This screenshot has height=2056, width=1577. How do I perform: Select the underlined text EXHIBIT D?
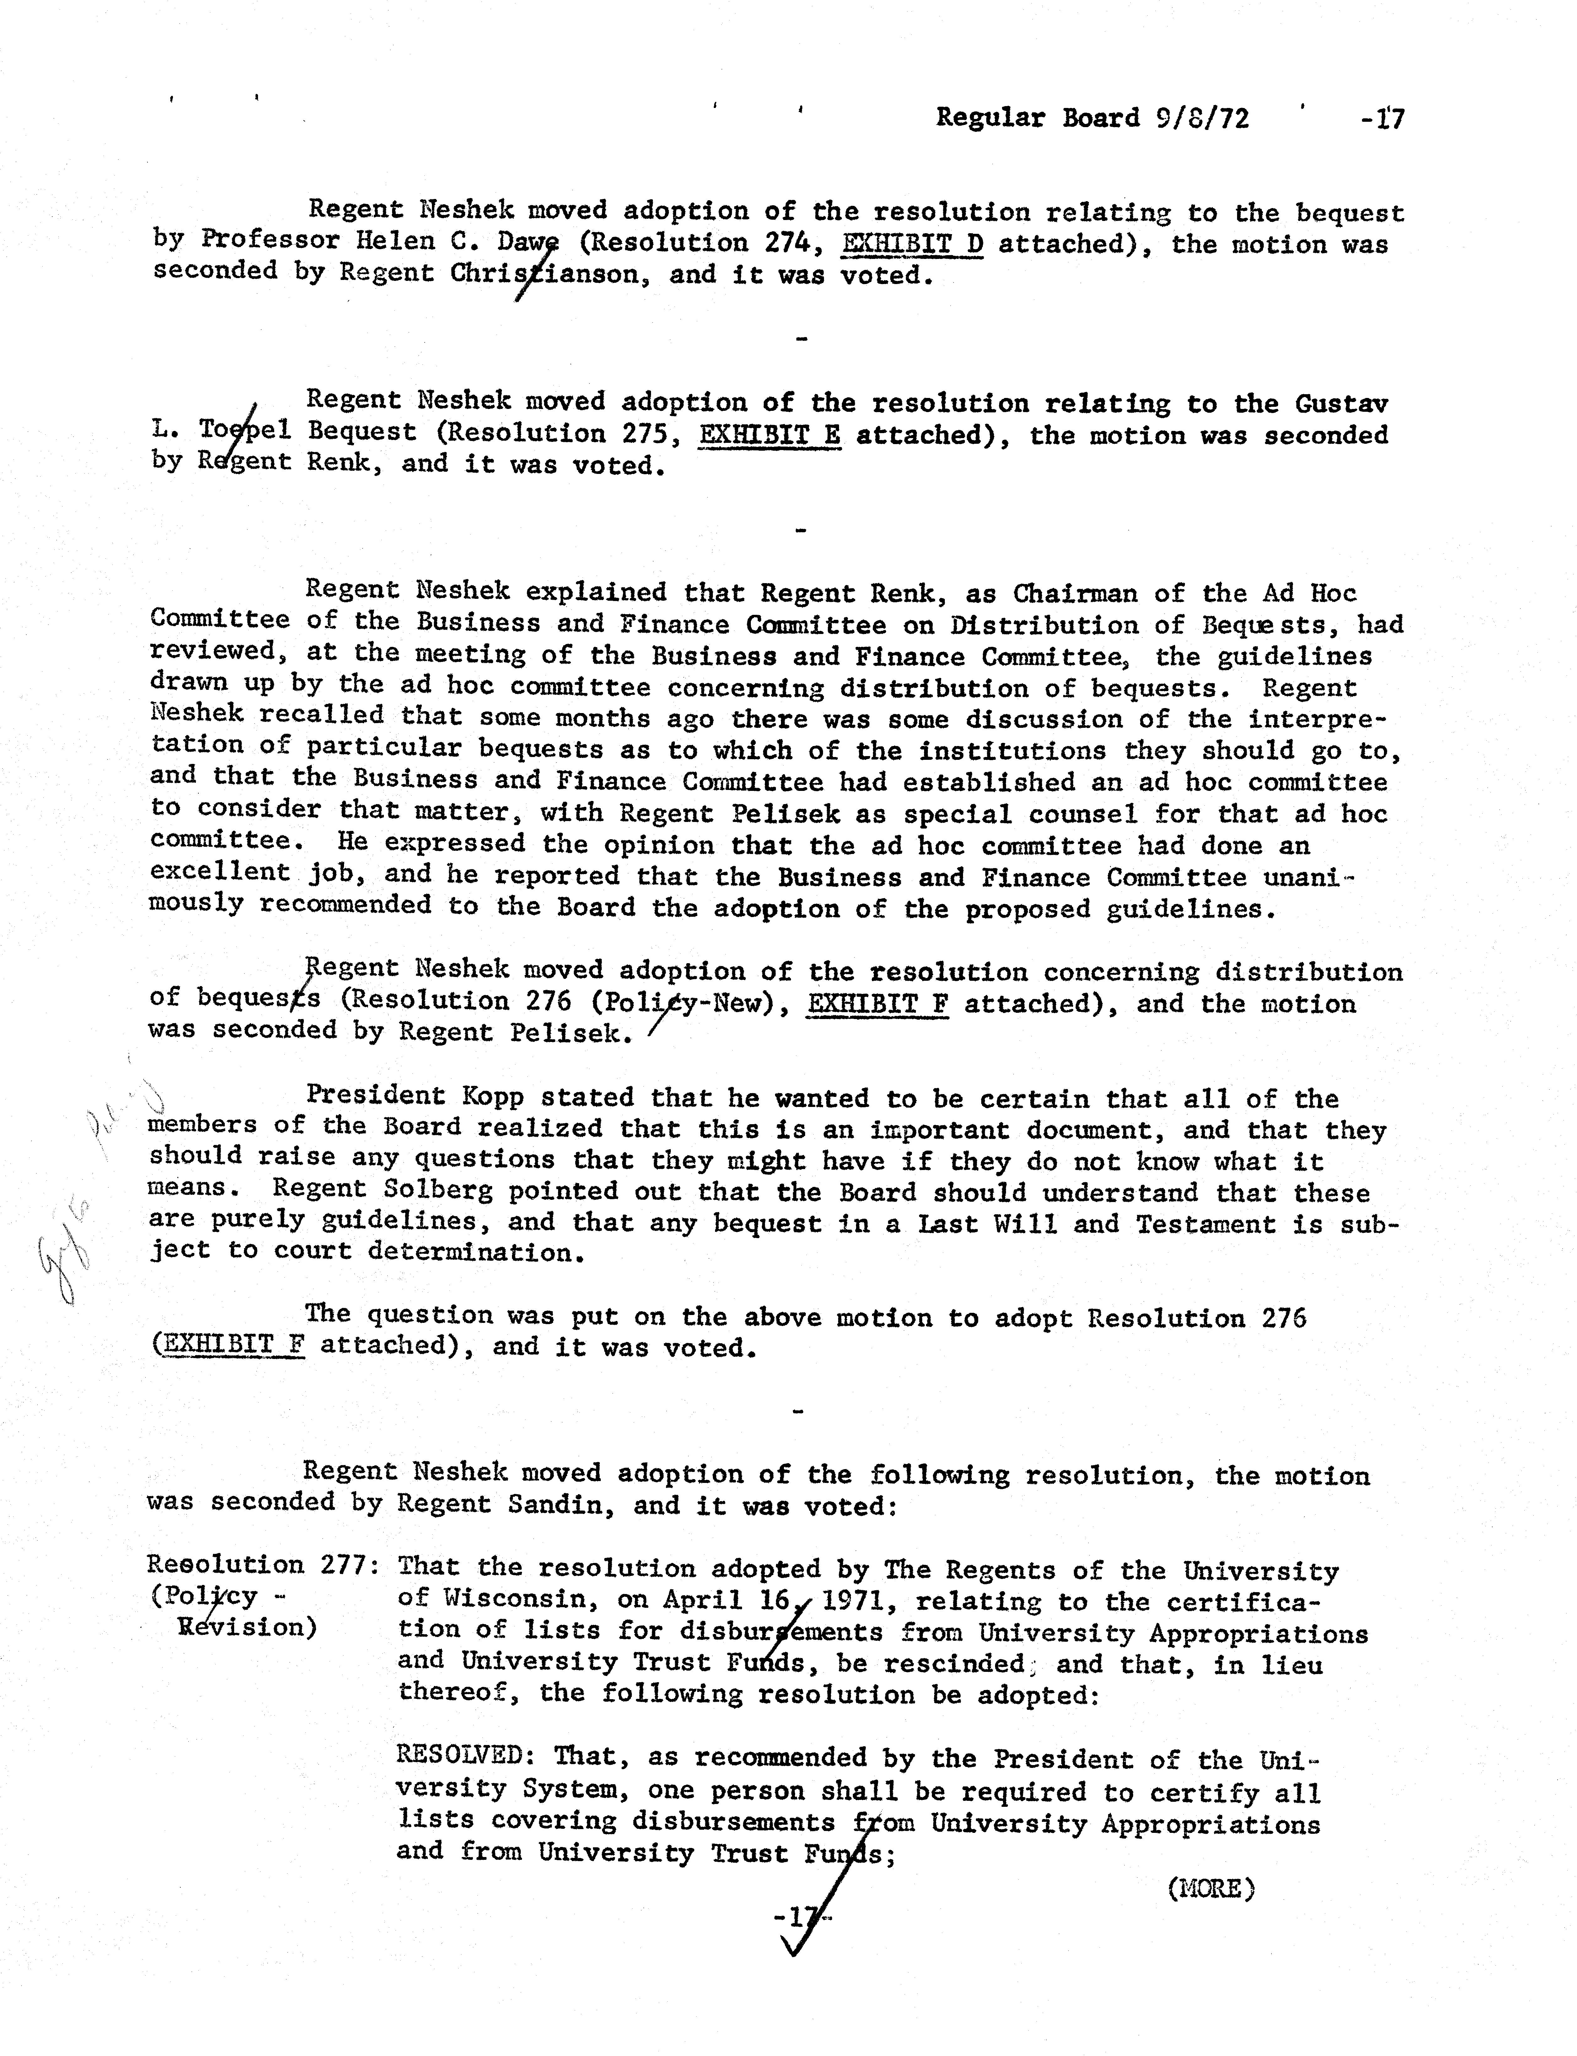click(912, 244)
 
